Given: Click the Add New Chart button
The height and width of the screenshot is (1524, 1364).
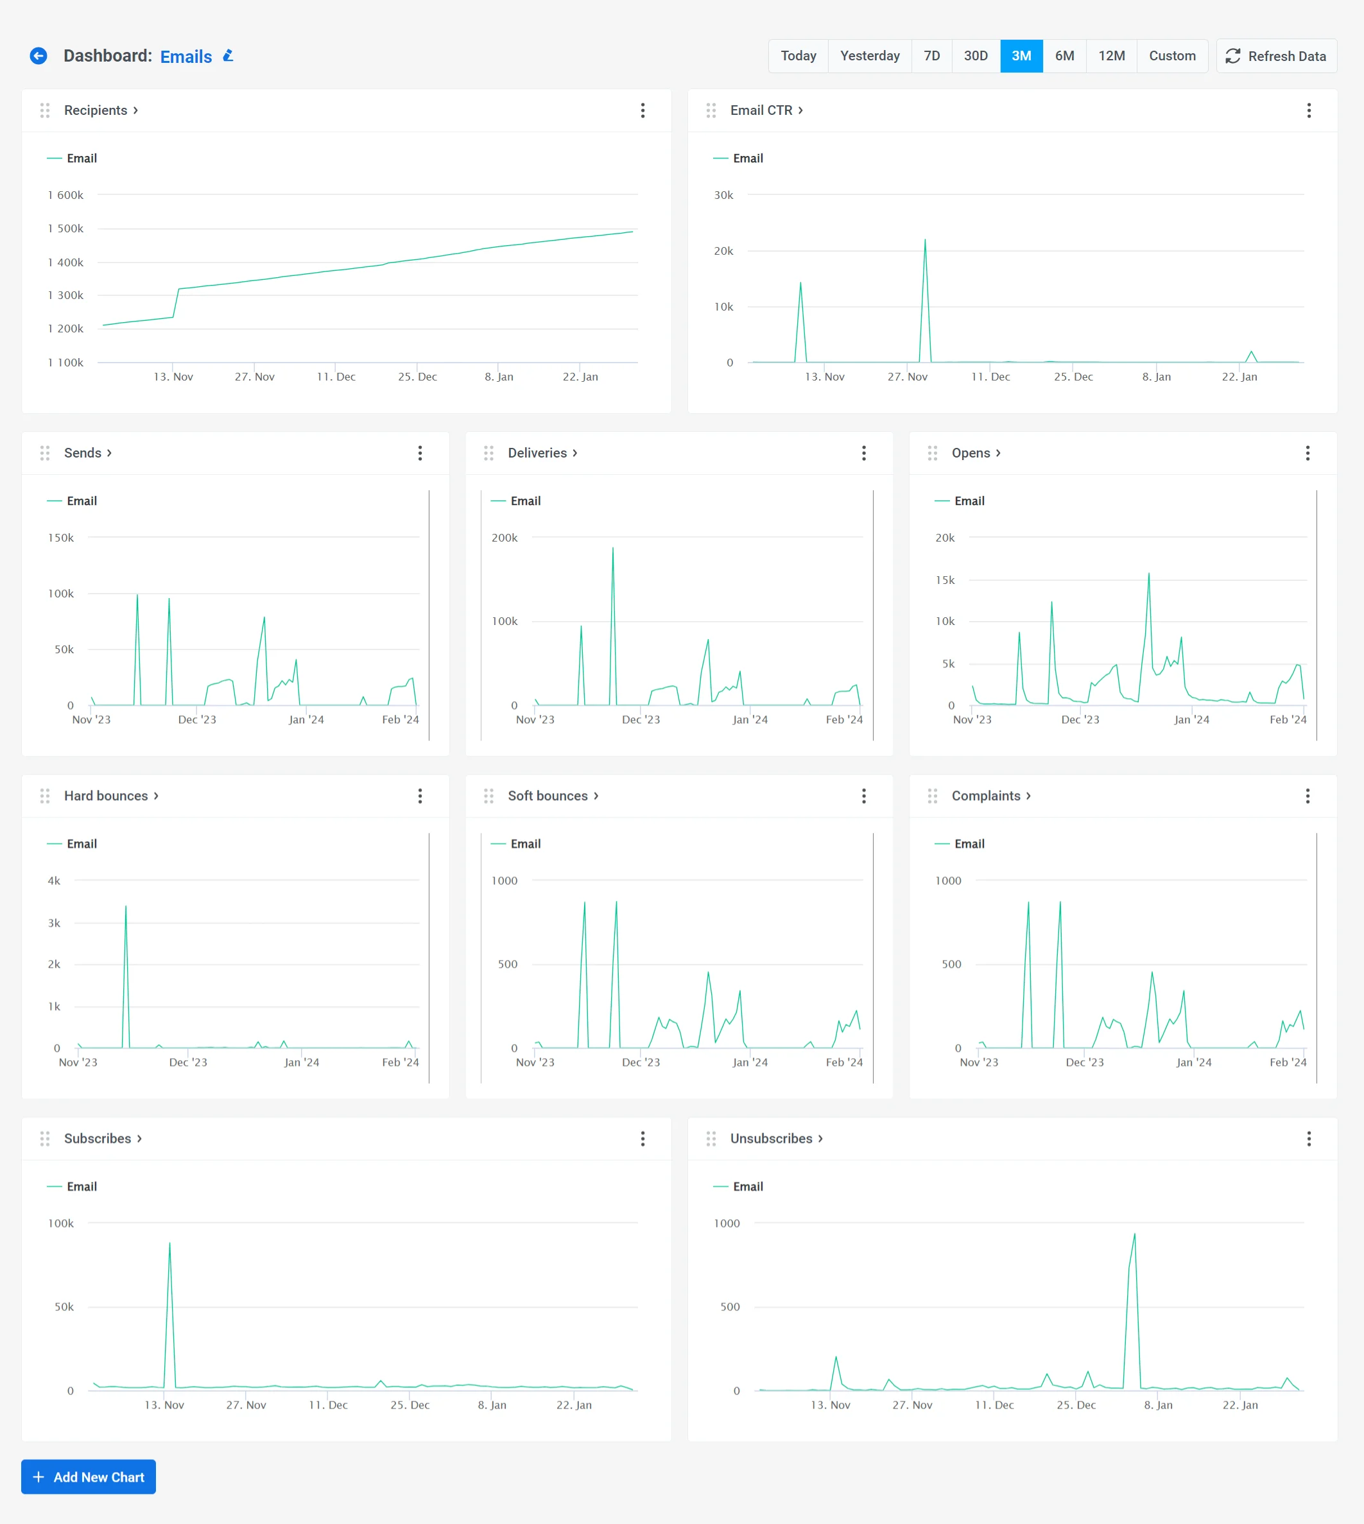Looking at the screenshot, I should pos(89,1477).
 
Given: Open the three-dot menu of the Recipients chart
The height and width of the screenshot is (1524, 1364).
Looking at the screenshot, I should pos(643,111).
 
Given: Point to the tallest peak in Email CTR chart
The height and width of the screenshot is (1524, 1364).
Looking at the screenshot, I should pos(925,241).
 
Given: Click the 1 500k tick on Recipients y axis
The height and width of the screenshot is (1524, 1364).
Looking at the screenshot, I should pos(66,228).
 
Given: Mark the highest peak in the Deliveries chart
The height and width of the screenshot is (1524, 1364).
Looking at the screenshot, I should pos(612,549).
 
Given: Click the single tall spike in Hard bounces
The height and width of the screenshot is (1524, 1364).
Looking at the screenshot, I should pos(126,907).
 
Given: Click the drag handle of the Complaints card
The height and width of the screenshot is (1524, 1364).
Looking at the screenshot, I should pos(932,796).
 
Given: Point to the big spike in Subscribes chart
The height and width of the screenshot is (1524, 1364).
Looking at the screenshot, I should pos(169,1244).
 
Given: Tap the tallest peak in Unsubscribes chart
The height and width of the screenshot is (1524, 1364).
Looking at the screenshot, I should pos(1134,1235).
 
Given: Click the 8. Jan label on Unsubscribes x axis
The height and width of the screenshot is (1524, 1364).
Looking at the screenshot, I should pos(1158,1405).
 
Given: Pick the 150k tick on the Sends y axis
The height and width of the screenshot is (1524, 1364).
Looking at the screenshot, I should pos(62,538).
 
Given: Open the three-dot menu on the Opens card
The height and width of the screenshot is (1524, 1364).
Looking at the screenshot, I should pos(1307,453).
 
